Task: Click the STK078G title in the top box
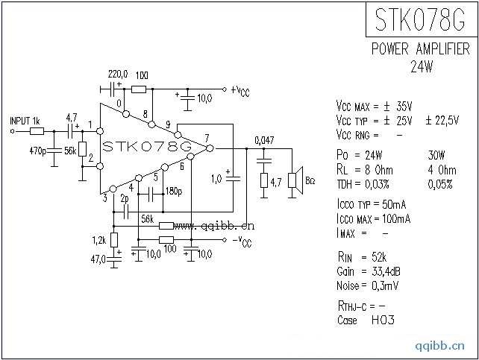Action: tap(420, 20)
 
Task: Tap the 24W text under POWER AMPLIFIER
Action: tap(422, 66)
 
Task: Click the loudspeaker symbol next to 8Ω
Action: tap(296, 180)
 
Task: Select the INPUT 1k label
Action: tap(25, 121)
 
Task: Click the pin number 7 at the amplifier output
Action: tap(207, 138)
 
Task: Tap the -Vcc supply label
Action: tap(240, 241)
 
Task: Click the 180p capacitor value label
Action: tap(174, 192)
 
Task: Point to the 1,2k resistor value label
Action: tap(98, 240)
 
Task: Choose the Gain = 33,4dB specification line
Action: tap(368, 271)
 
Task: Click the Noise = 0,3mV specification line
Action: tap(369, 285)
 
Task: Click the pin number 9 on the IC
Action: tap(168, 124)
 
